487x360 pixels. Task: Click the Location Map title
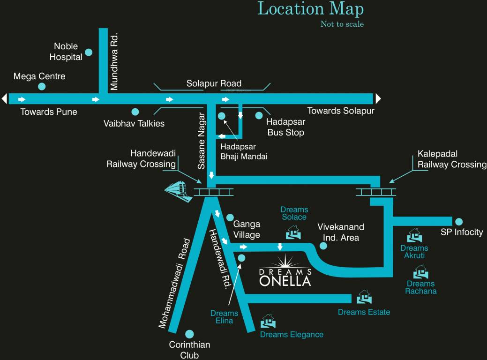pyautogui.click(x=310, y=9)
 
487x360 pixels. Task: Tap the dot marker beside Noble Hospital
pyautogui.click(x=89, y=52)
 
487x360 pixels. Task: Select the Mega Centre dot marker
pyautogui.click(x=42, y=86)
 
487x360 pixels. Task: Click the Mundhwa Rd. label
pyautogui.click(x=114, y=61)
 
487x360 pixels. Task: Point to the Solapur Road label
pyautogui.click(x=214, y=83)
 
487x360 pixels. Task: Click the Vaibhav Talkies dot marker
pyautogui.click(x=135, y=112)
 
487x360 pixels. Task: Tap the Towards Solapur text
pyautogui.click(x=340, y=111)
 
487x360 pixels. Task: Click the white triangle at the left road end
pyautogui.click(x=4, y=99)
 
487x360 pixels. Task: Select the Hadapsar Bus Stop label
pyautogui.click(x=286, y=127)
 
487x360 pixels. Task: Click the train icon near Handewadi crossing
pyautogui.click(x=178, y=191)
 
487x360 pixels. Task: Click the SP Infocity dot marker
pyautogui.click(x=458, y=221)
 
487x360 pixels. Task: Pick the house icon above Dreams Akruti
pyautogui.click(x=414, y=235)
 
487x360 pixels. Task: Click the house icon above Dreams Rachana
pyautogui.click(x=420, y=271)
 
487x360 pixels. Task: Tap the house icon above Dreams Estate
pyautogui.click(x=364, y=297)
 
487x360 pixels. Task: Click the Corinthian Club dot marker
pyautogui.click(x=189, y=334)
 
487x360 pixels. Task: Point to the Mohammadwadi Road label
pyautogui.click(x=174, y=283)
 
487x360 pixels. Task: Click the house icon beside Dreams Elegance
pyautogui.click(x=268, y=321)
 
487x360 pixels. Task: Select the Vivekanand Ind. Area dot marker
pyautogui.click(x=323, y=246)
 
